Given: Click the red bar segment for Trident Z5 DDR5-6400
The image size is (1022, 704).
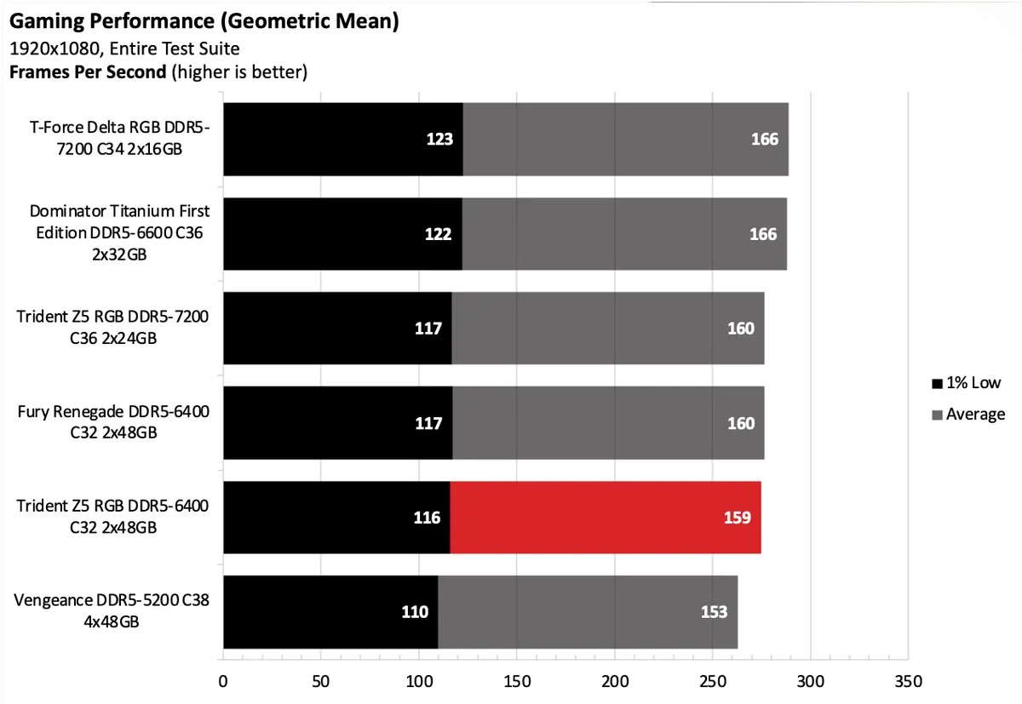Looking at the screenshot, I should pos(605,518).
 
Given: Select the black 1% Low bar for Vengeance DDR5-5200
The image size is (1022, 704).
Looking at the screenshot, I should pos(330,612).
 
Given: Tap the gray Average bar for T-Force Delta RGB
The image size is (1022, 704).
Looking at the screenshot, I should pos(625,139).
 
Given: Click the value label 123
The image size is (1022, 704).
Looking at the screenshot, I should pos(439,139).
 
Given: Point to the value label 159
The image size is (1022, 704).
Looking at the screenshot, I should pos(738,518).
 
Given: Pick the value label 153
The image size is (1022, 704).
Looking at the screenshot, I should pos(714,612).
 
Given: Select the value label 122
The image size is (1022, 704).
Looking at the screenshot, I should pos(438,234).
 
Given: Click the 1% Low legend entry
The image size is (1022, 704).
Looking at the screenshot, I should pos(967,383).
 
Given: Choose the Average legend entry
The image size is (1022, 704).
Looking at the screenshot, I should pos(969,415).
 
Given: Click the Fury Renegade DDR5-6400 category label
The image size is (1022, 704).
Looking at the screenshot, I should pos(113,422).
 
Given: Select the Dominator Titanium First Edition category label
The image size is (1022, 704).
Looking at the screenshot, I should pos(119,232).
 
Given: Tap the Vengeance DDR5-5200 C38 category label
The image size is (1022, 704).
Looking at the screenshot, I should pos(112,611).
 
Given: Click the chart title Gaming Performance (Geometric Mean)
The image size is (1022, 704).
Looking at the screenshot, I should pos(204,21).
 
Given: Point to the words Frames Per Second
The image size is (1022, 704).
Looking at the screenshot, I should pos(87,72).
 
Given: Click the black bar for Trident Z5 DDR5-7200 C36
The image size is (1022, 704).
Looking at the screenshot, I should pos(337,329).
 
